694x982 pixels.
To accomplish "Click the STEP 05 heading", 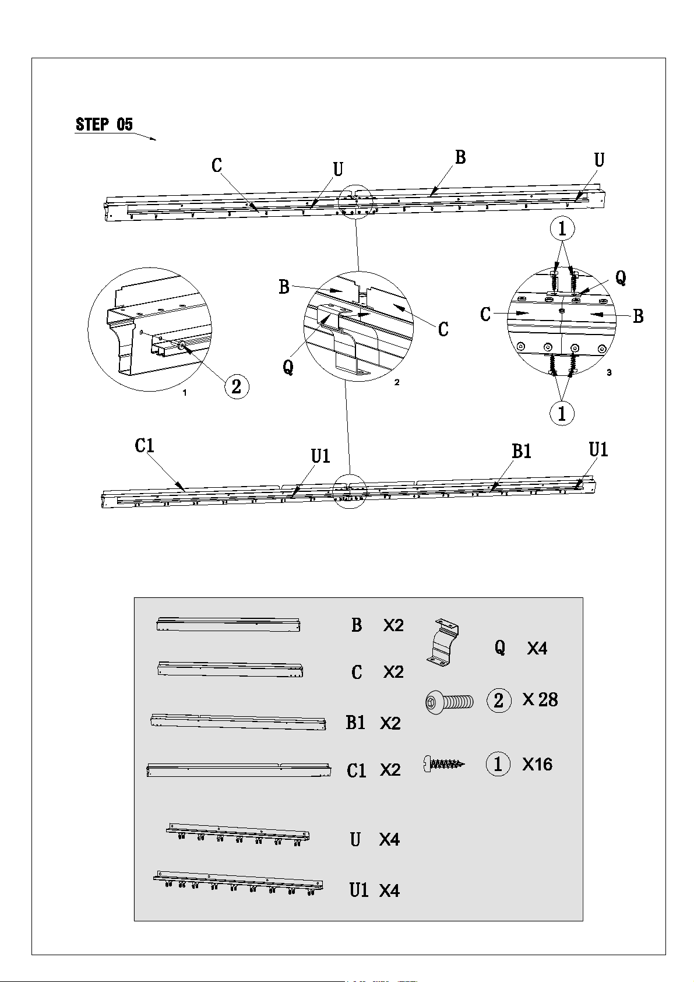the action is (x=104, y=125).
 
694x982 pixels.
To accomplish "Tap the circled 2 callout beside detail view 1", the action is (x=237, y=386).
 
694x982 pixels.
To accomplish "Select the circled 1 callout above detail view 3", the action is (x=562, y=228).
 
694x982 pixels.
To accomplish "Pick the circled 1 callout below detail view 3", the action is (x=562, y=413).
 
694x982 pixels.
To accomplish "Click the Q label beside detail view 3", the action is (x=621, y=277).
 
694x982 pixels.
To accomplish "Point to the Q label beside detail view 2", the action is (x=288, y=367).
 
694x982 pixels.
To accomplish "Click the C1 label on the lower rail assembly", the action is (x=145, y=445).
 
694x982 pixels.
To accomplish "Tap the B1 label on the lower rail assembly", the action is (x=522, y=451).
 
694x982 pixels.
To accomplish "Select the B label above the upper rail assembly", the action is (x=460, y=157).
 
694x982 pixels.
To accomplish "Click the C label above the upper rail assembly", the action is (x=217, y=166).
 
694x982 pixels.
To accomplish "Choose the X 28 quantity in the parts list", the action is (x=540, y=700).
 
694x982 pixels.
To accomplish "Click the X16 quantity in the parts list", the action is (x=537, y=765).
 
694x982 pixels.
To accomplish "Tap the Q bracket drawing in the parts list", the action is (x=443, y=643).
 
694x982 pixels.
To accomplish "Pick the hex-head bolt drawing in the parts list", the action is (x=449, y=702).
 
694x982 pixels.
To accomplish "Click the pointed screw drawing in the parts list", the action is (x=443, y=764).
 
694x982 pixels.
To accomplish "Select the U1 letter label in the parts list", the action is (x=359, y=891).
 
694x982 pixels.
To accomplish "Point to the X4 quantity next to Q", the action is (x=537, y=649).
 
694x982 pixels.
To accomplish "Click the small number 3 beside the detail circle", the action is (x=609, y=372).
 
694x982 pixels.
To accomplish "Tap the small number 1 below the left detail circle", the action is (x=185, y=393).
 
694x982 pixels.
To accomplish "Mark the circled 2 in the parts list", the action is (x=499, y=700).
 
